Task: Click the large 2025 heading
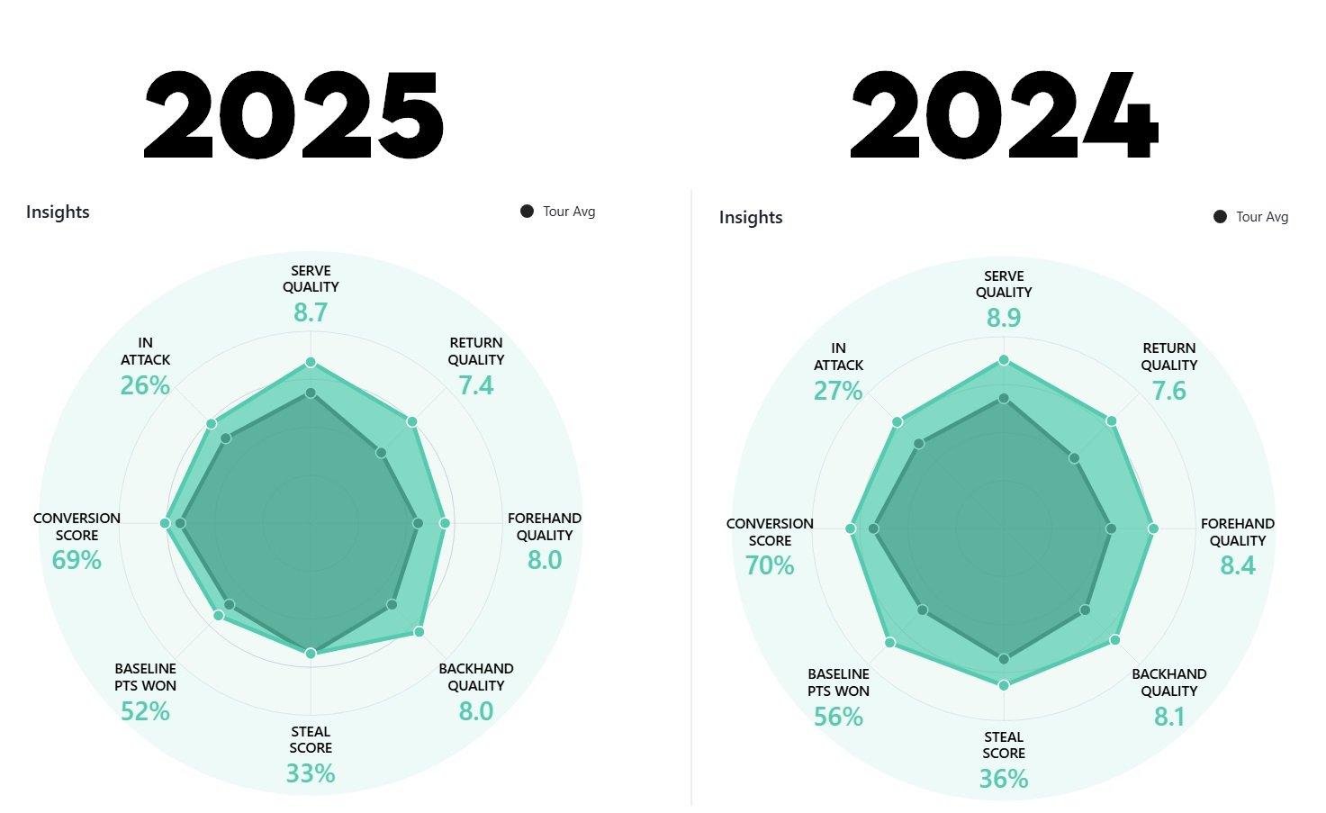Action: [x=293, y=115]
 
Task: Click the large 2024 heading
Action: [x=1004, y=115]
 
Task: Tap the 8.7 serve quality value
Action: [x=311, y=312]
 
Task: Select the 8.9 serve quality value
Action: [x=1004, y=318]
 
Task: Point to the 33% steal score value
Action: [x=311, y=773]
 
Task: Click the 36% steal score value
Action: [x=1004, y=779]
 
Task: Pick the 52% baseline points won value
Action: [x=145, y=711]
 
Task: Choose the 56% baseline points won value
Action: [x=838, y=717]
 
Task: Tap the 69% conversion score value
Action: [x=77, y=560]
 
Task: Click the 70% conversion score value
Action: [x=770, y=565]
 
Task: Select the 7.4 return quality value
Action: [x=476, y=385]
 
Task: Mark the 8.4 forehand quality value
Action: [x=1238, y=565]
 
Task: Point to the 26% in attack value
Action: [x=145, y=385]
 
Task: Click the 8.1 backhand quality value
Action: [x=1169, y=717]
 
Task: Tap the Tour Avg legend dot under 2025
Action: [x=527, y=212]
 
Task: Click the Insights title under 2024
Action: [x=751, y=217]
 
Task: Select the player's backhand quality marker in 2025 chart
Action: [x=419, y=632]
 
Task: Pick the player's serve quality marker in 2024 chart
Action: [x=1004, y=360]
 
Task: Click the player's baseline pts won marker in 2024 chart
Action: [x=889, y=643]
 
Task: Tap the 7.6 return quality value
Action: [x=1169, y=391]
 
